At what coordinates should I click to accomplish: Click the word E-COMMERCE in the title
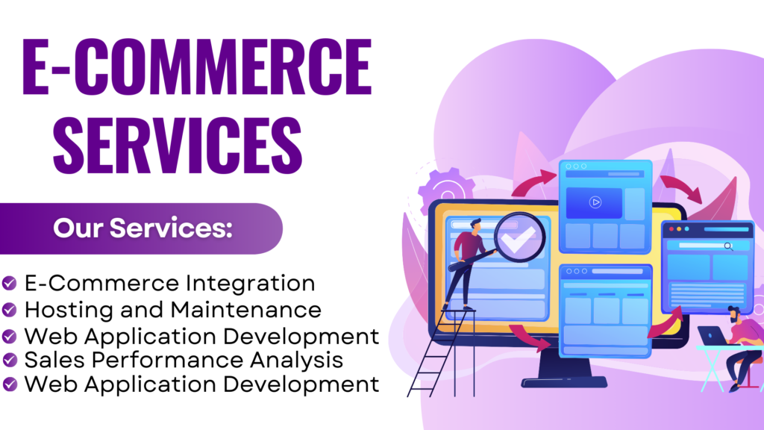[197, 66]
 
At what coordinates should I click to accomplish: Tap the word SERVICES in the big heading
[178, 146]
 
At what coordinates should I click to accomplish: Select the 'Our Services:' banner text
[143, 228]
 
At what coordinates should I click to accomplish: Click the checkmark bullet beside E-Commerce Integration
[9, 283]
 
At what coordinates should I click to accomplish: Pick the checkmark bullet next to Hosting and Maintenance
[9, 310]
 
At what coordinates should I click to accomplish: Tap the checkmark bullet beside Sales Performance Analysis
[9, 360]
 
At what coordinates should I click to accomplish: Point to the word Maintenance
[246, 310]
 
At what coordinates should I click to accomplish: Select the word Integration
[251, 284]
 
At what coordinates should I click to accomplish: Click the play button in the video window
[595, 202]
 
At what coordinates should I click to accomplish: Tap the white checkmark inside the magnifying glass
[518, 240]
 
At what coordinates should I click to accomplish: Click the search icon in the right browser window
[728, 246]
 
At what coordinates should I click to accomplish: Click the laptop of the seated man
[713, 336]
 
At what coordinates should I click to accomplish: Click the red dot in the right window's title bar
[671, 228]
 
